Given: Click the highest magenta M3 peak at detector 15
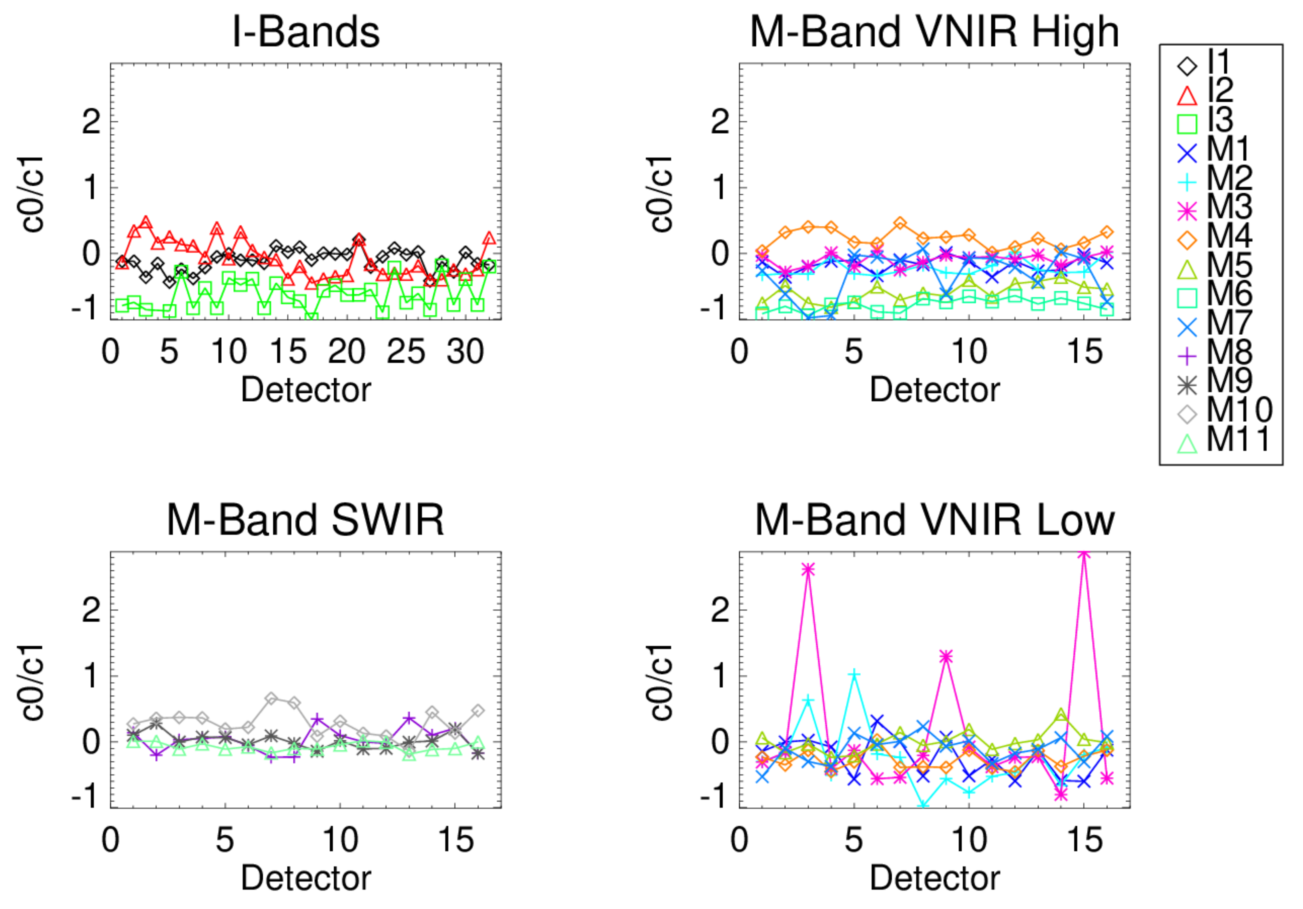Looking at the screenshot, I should (1084, 553).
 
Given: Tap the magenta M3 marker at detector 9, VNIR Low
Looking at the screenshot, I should (946, 657).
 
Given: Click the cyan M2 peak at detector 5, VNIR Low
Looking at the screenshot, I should (854, 674).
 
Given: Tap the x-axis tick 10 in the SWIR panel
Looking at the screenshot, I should (340, 840).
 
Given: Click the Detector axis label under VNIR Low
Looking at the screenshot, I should (934, 878).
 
